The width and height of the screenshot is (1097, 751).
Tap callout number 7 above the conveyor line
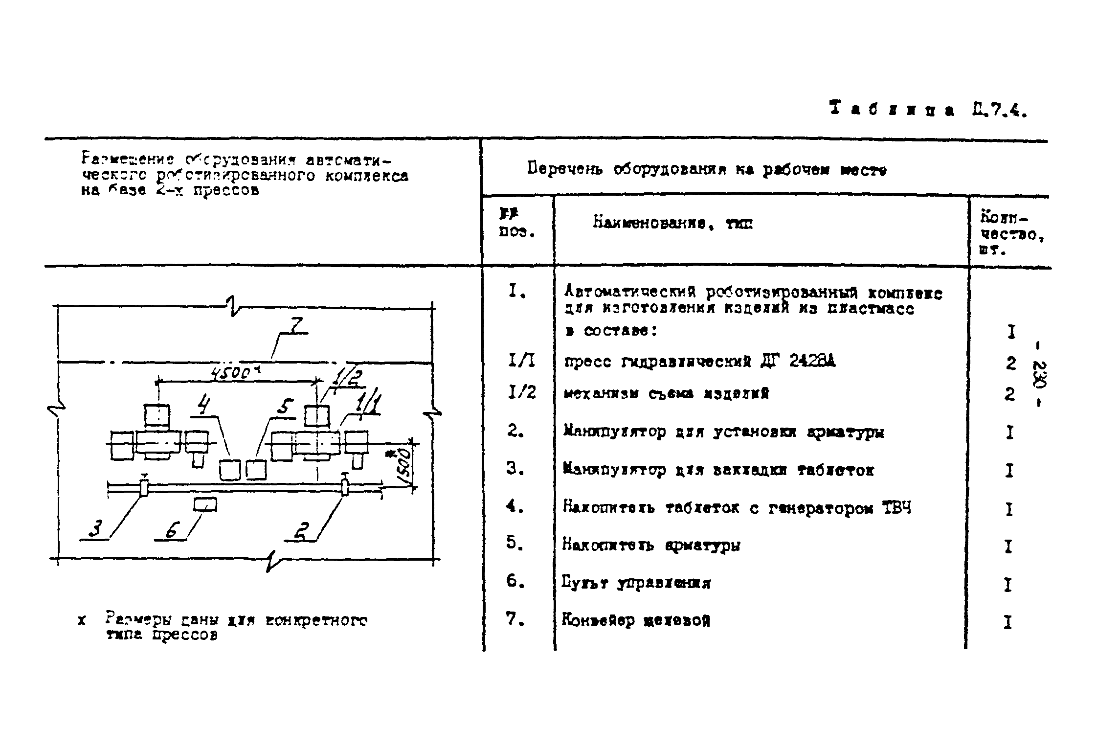[295, 326]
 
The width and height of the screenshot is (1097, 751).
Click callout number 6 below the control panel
[172, 530]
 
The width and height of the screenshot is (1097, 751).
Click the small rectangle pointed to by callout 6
[205, 504]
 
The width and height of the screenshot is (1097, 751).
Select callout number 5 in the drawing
[285, 407]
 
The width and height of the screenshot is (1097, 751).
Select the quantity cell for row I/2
[1009, 394]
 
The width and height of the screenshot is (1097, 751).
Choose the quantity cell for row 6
[1008, 584]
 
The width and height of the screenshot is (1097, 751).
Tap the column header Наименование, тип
[673, 224]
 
